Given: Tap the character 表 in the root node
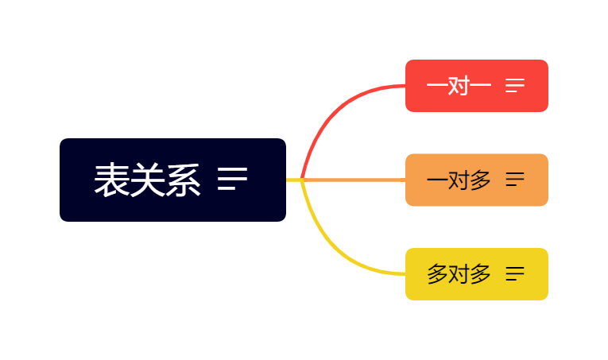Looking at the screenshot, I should (112, 180).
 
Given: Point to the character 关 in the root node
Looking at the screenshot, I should (148, 180).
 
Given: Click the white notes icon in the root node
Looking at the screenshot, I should (232, 180).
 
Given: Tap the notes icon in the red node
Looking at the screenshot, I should (515, 86).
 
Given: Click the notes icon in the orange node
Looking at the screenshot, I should (515, 180).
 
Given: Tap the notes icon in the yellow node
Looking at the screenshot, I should (515, 274).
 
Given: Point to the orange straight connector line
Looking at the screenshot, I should (358, 180).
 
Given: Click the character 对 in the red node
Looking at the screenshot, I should (459, 86).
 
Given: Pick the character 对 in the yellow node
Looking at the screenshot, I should (459, 274).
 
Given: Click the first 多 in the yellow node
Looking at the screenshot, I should (438, 274).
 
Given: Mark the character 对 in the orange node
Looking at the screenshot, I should (459, 180).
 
